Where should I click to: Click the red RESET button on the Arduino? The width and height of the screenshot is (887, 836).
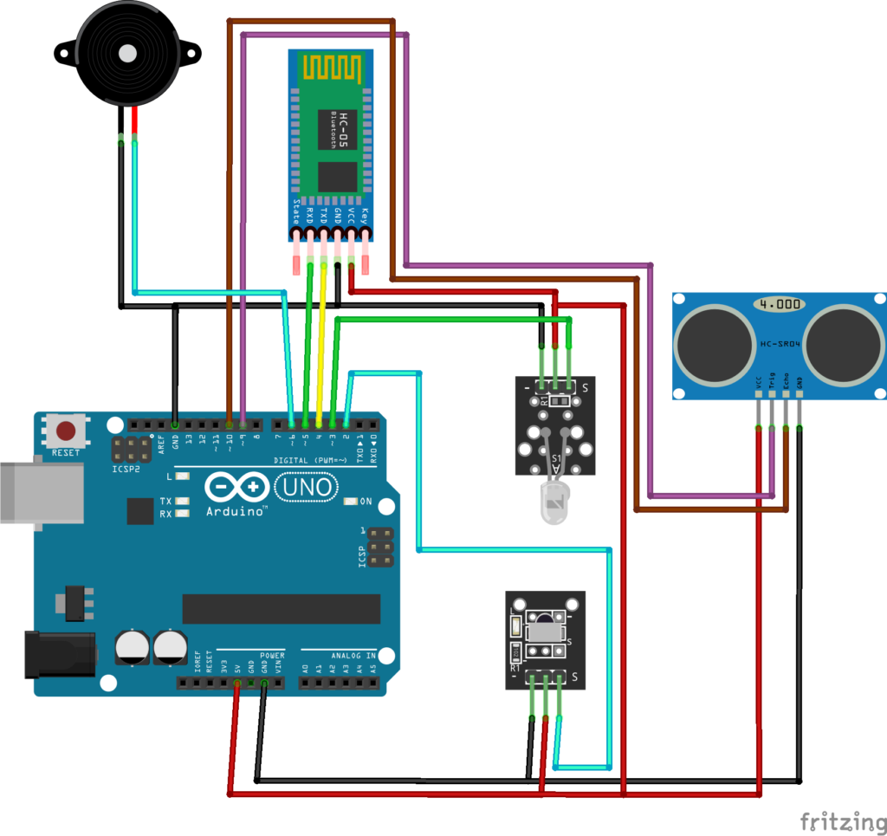point(65,431)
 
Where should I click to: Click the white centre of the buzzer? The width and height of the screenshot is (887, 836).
point(128,53)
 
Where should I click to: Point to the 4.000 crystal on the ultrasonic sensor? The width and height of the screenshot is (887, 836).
point(778,305)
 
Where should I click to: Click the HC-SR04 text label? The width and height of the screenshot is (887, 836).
point(780,344)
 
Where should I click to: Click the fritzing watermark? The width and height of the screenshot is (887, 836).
point(837,820)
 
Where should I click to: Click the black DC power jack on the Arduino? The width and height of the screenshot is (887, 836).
point(56,655)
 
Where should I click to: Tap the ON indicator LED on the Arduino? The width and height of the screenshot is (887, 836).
point(350,502)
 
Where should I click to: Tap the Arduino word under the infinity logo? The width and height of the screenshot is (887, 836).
point(235,512)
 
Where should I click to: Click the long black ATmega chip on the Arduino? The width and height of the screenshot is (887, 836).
point(282,609)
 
